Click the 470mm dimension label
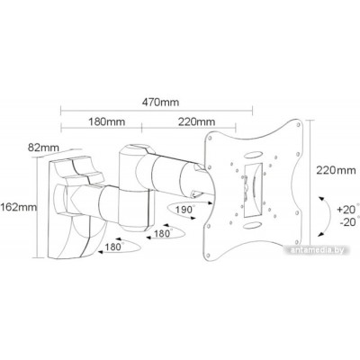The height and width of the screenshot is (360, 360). [160, 103]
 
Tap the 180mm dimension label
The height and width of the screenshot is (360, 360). [106, 121]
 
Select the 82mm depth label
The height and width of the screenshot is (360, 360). [44, 148]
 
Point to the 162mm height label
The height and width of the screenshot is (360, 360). [19, 207]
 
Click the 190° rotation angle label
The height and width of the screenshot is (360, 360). [184, 210]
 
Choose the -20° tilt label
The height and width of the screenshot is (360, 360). [348, 222]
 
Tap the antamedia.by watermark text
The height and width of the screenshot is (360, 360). [318, 250]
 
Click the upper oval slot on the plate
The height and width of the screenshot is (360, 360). [252, 155]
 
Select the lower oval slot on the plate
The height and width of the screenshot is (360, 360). [252, 225]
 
